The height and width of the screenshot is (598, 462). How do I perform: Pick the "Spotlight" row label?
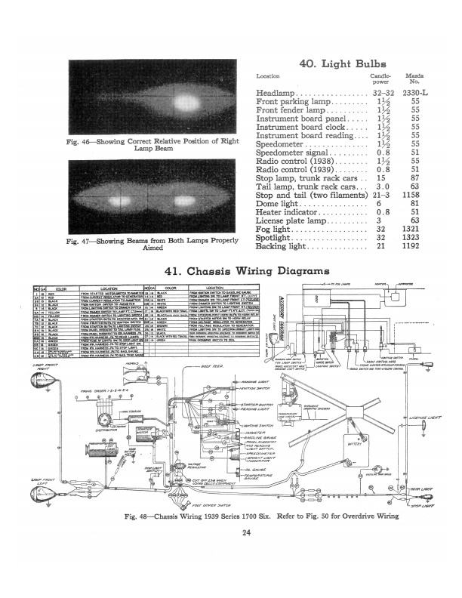270,236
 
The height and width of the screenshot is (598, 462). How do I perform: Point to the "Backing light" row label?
279,246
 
